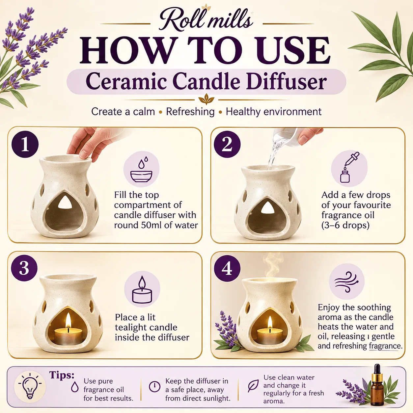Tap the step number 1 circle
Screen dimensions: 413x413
tap(25, 144)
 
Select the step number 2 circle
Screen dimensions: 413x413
tap(227, 144)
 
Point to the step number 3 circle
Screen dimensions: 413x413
tap(24, 268)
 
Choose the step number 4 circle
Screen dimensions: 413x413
tap(227, 268)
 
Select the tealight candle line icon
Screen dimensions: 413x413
tap(142, 289)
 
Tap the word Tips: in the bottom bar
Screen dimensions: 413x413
tap(62, 375)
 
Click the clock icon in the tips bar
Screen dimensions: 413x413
tap(154, 387)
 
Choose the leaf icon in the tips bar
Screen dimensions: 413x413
tap(253, 386)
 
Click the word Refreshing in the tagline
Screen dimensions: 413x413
tap(190, 112)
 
